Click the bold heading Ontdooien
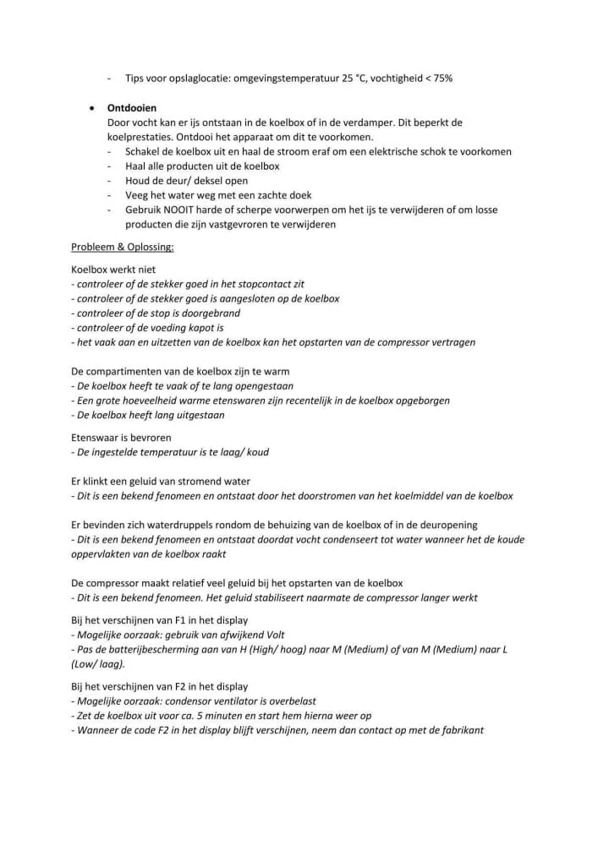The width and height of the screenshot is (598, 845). point(132,108)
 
